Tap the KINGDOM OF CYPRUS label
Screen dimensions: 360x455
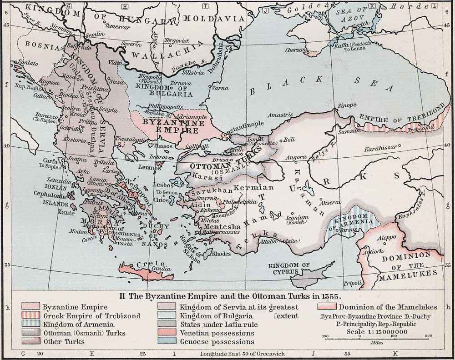288,269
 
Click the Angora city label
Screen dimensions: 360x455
295,157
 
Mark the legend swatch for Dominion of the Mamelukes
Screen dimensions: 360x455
327,307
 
